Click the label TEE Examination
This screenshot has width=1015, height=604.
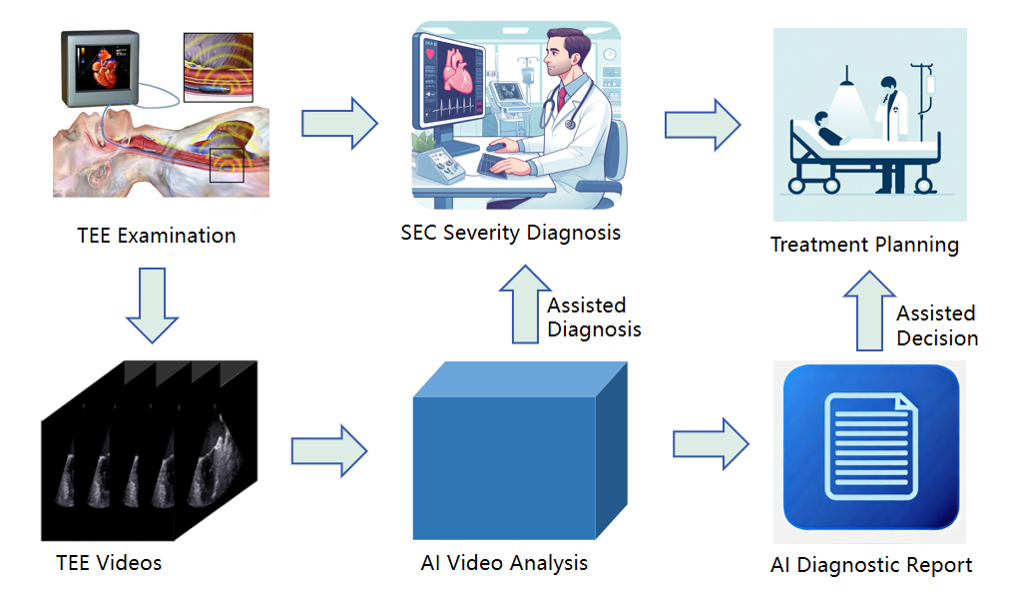click(157, 235)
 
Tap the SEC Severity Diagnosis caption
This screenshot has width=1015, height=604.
click(510, 233)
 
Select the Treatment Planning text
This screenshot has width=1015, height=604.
click(865, 245)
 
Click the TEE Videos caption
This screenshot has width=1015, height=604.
click(109, 562)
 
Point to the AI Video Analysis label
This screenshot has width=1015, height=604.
click(504, 563)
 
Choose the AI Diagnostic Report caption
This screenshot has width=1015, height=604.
click(871, 565)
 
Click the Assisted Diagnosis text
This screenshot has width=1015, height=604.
click(594, 317)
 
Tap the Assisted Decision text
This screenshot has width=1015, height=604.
click(937, 325)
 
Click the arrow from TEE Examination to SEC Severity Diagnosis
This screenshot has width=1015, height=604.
click(340, 123)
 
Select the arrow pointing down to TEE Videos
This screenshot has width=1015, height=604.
click(152, 304)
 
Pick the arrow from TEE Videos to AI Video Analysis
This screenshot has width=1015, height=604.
click(329, 451)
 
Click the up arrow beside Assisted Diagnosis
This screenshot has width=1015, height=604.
click(526, 303)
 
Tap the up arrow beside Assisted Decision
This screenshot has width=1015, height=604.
click(869, 310)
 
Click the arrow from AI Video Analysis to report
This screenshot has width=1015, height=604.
click(711, 444)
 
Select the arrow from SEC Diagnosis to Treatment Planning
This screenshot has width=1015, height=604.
click(703, 125)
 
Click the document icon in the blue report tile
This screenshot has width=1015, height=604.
click(870, 446)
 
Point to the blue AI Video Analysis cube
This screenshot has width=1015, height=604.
click(520, 450)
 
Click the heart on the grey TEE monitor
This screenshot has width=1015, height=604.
click(106, 70)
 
